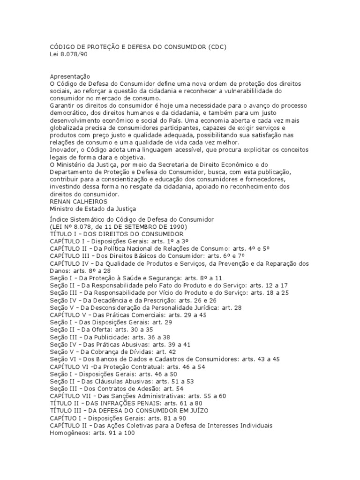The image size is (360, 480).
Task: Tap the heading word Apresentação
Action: click(70, 76)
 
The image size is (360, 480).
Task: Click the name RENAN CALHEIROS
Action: click(78, 202)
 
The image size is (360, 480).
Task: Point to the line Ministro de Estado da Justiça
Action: click(93, 209)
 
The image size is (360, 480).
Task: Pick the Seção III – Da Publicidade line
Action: click(110, 337)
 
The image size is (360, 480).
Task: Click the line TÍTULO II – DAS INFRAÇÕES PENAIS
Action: click(126, 403)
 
